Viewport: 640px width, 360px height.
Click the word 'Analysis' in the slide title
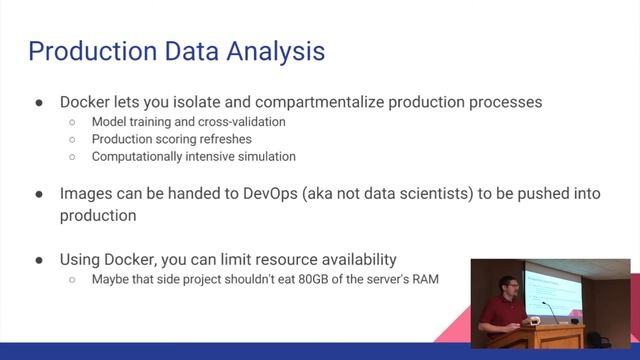pyautogui.click(x=271, y=50)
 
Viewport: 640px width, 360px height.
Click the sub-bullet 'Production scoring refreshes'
pyautogui.click(x=171, y=139)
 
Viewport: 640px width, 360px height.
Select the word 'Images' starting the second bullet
pyautogui.click(x=86, y=194)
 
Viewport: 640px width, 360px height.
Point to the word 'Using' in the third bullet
pyautogui.click(x=81, y=260)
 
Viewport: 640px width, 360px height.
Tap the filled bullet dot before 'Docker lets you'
pyautogui.click(x=38, y=103)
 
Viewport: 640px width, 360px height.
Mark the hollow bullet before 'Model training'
pyautogui.click(x=72, y=123)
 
